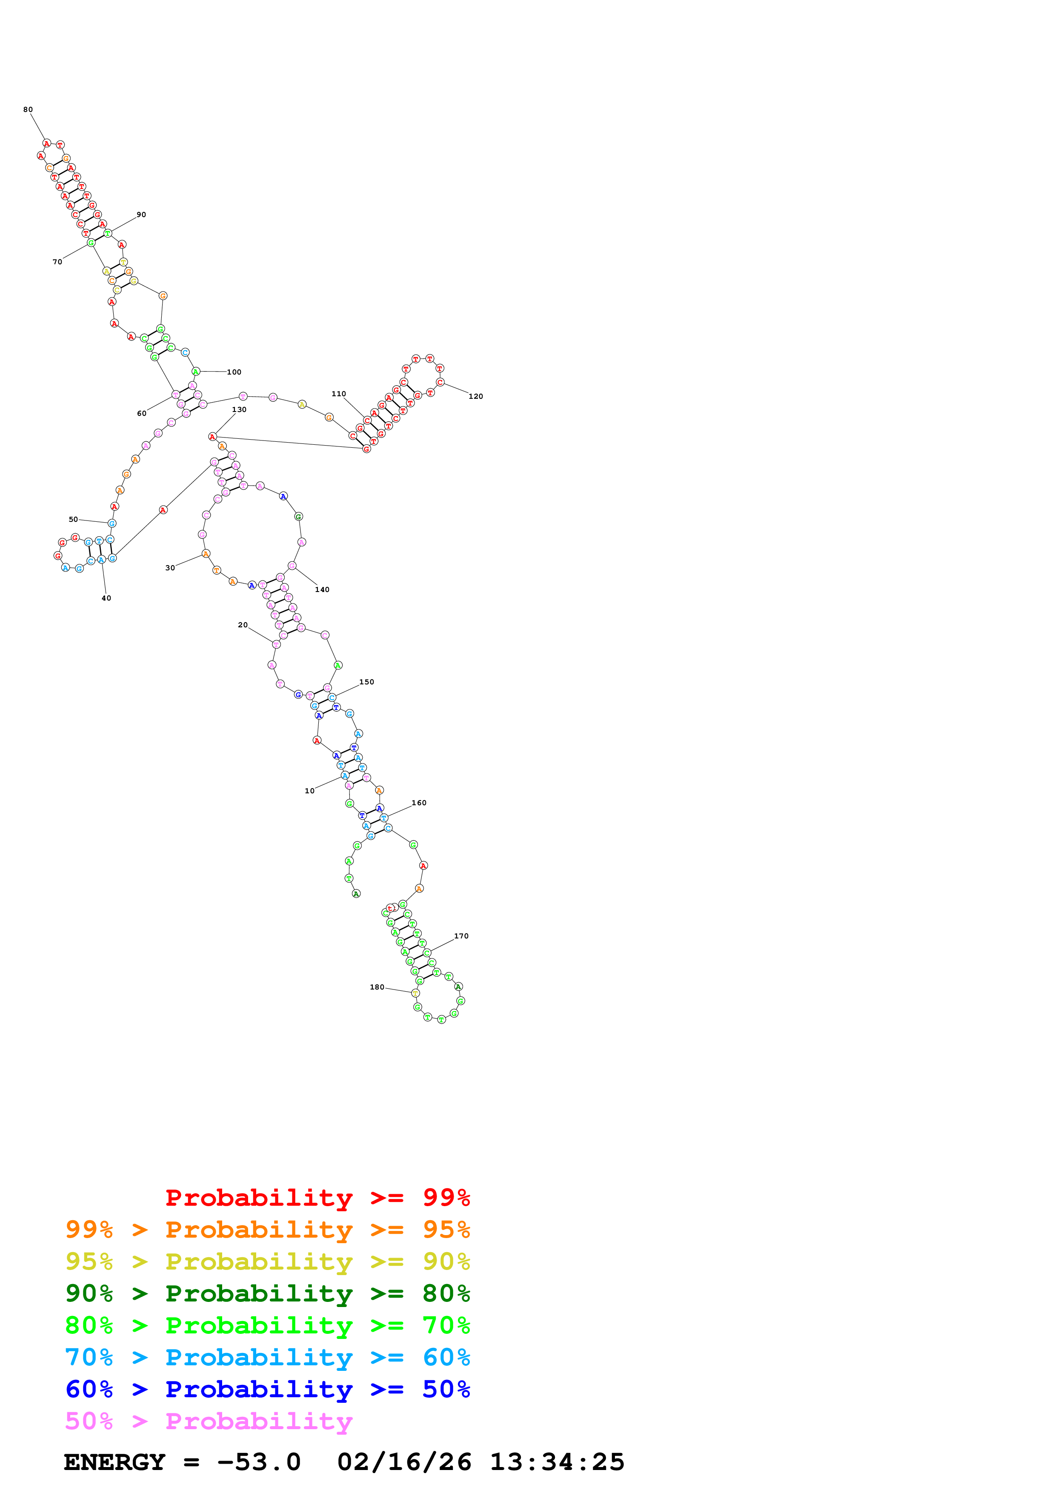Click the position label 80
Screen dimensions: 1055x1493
(28, 110)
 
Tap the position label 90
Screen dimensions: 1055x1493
(141, 215)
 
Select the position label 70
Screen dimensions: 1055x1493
(57, 262)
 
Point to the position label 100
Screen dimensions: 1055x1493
(234, 372)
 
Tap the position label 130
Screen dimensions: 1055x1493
(239, 410)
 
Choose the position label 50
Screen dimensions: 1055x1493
(74, 520)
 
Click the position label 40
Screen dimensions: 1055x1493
(106, 598)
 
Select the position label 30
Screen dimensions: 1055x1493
(170, 568)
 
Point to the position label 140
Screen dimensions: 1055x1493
(323, 590)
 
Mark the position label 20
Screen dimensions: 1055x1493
(243, 625)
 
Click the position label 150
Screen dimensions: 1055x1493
(366, 682)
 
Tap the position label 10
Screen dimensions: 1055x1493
(309, 791)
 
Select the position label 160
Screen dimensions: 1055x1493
(419, 803)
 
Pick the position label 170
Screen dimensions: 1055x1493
(461, 936)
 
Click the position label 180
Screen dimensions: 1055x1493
(377, 987)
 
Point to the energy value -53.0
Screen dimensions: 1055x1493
(259, 1462)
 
